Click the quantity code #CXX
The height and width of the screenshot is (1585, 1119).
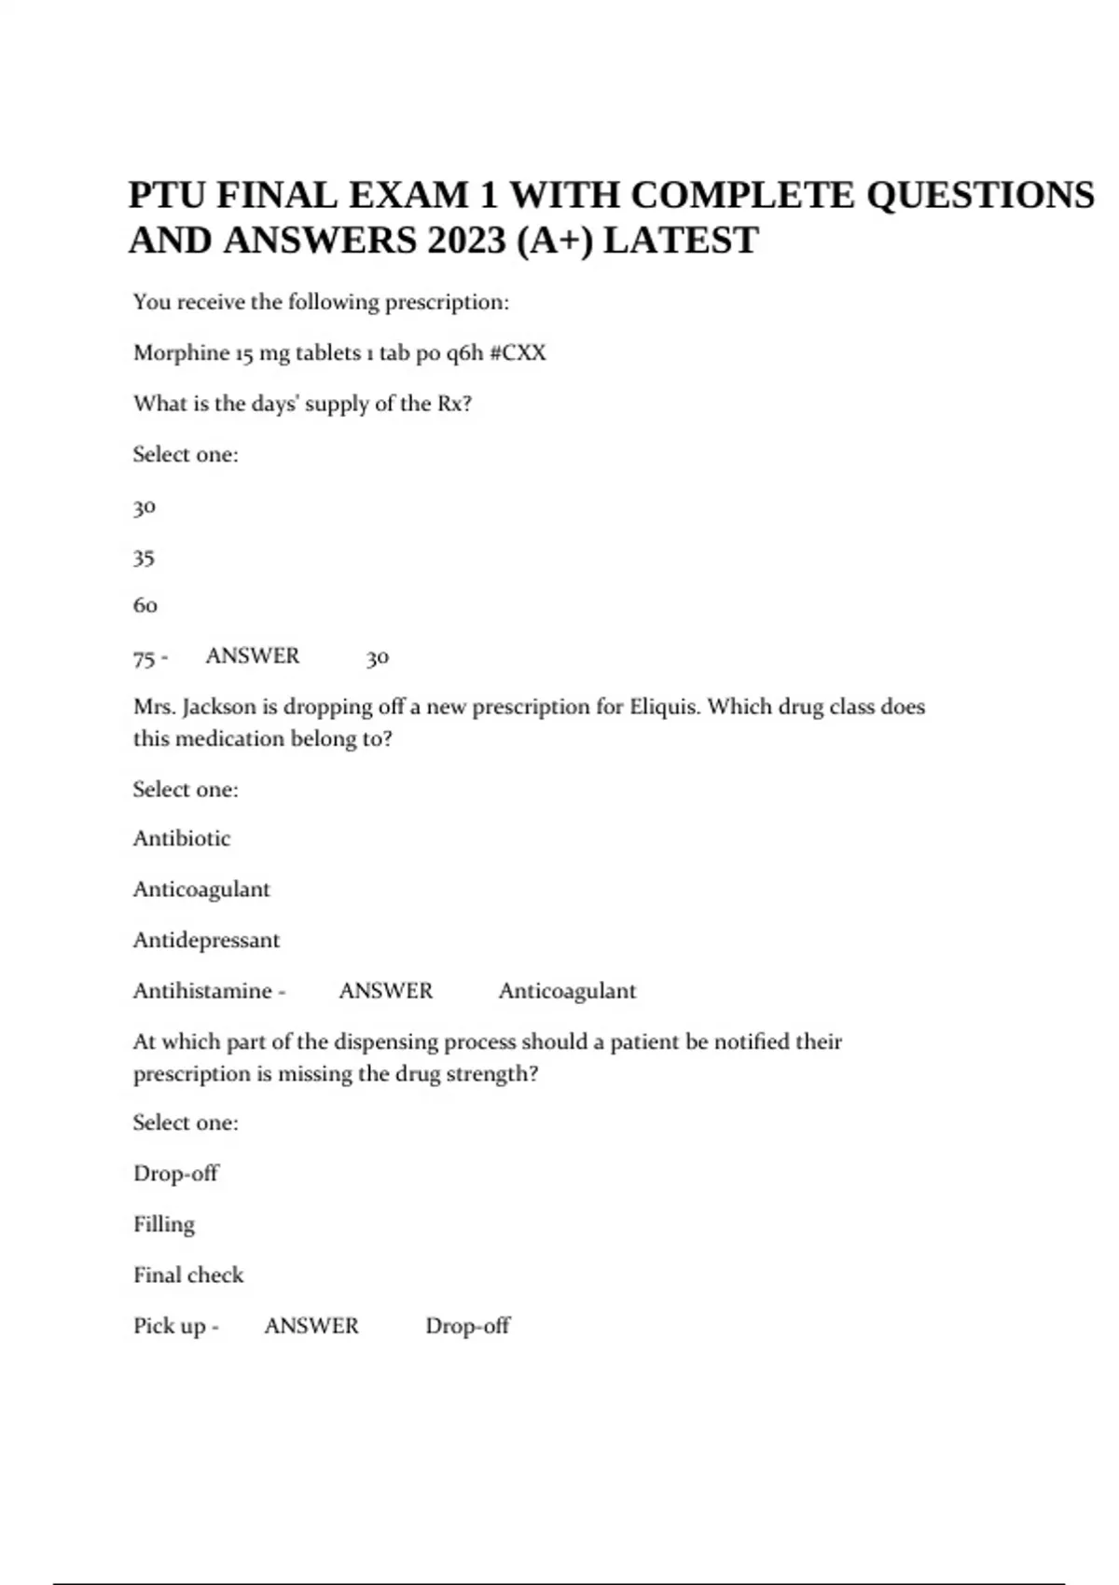(x=518, y=352)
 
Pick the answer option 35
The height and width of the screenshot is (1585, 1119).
(x=144, y=558)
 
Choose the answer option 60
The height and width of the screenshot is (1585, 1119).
(x=145, y=606)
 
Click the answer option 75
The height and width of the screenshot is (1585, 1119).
(x=144, y=658)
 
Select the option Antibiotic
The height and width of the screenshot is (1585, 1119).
(x=182, y=838)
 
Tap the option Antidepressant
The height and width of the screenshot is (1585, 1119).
(x=206, y=940)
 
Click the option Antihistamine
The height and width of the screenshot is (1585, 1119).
(x=202, y=990)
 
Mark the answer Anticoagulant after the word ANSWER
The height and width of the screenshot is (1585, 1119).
(x=567, y=990)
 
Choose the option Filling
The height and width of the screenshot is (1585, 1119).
(x=164, y=1224)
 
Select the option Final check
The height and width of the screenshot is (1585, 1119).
(x=188, y=1275)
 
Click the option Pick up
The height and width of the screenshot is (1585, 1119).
(x=170, y=1326)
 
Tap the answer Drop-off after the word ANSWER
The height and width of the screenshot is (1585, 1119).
(x=467, y=1326)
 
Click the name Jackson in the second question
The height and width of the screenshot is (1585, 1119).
(x=219, y=707)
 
